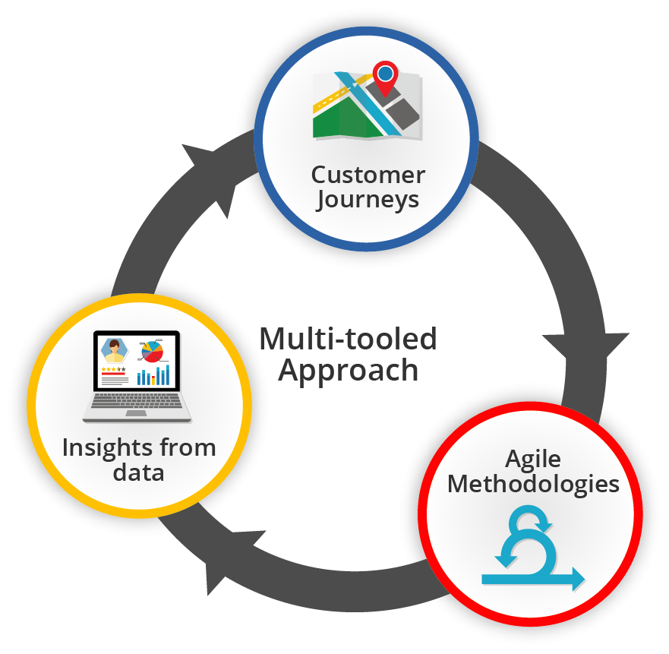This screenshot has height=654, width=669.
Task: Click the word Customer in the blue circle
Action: (x=368, y=175)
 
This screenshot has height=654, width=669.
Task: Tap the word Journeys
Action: (x=368, y=200)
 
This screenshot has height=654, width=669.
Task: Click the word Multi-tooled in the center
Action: (x=348, y=339)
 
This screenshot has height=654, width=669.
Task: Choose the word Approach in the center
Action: (x=348, y=370)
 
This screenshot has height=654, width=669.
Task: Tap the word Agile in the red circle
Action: (x=533, y=459)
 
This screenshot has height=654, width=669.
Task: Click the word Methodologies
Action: (x=533, y=484)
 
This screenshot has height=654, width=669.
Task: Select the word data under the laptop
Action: (x=138, y=472)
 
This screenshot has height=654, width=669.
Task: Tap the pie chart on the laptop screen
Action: (x=153, y=352)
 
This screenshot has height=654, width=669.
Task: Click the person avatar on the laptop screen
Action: (x=115, y=351)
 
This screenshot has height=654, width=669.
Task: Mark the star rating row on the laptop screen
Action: (x=113, y=369)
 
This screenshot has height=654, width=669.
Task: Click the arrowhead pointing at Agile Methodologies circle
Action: (x=584, y=346)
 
